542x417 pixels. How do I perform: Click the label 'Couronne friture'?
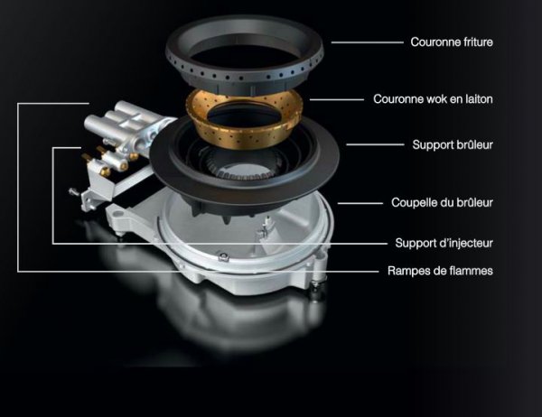click(452, 42)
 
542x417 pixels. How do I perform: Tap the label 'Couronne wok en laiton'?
click(433, 99)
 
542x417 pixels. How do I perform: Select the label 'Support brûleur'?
click(453, 144)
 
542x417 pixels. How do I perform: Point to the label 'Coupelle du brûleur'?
click(442, 202)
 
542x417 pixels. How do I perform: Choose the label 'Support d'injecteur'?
click(444, 243)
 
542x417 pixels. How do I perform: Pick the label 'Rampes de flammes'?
click(440, 271)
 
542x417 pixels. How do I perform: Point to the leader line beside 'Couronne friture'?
click(367, 42)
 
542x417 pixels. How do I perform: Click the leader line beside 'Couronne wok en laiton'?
click(337, 99)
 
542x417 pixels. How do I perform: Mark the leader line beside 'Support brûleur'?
click(375, 144)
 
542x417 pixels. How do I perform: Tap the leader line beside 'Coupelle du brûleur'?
click(360, 203)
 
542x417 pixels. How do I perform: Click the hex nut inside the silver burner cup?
click(224, 256)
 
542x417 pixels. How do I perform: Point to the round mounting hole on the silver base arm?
click(118, 213)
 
